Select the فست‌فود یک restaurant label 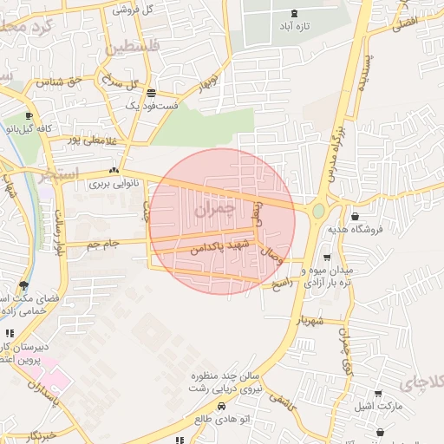click(x=152, y=106)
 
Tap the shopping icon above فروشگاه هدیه click(x=355, y=216)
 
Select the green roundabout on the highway click(x=318, y=211)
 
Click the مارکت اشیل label click(x=375, y=405)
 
